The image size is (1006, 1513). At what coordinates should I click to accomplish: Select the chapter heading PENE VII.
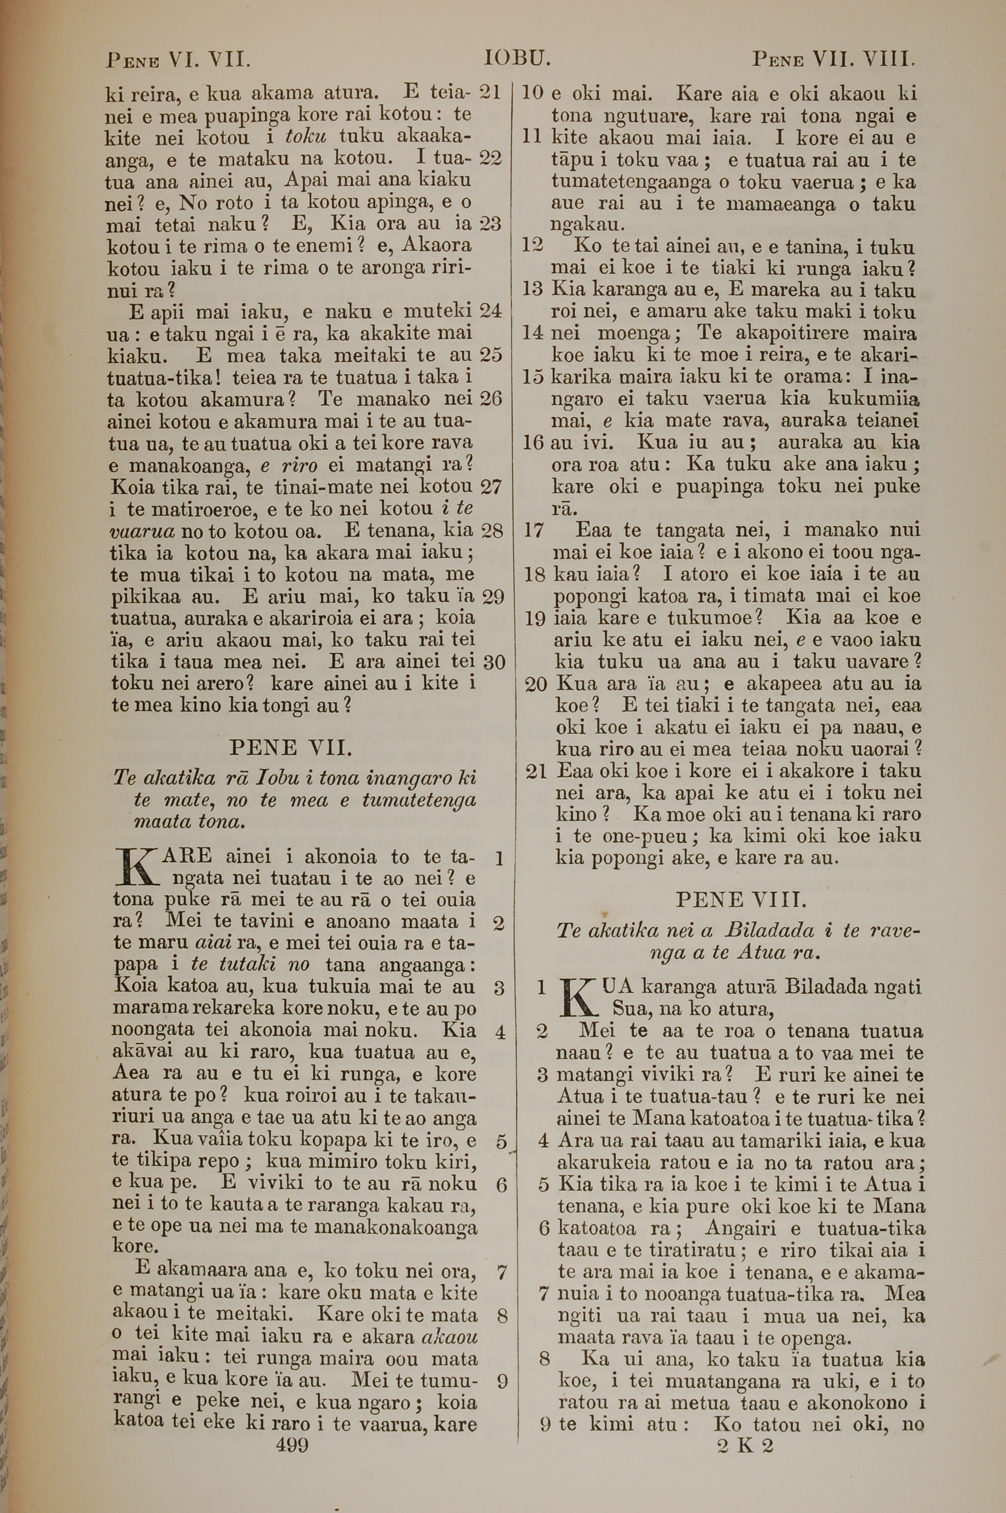click(290, 748)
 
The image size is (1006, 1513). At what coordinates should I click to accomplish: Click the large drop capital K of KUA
click(576, 998)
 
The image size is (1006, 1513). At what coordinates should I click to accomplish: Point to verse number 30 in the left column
click(493, 662)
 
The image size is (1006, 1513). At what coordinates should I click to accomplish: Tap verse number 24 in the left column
click(491, 311)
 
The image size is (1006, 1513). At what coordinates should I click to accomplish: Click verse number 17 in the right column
click(534, 531)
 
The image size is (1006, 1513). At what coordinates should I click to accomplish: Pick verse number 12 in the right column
click(533, 245)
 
